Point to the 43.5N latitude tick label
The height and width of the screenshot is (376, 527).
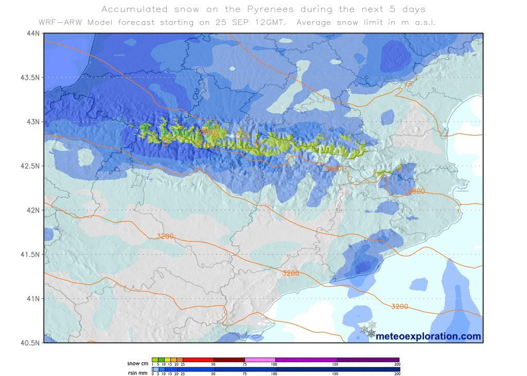30,77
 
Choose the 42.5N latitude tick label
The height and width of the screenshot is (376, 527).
30,166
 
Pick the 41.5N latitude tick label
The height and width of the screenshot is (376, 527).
30,254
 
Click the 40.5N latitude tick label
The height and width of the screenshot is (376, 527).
30,343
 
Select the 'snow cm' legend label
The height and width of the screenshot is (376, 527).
138,363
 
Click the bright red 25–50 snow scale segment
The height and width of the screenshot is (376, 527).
198,360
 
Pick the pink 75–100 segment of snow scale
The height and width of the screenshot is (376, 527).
260,360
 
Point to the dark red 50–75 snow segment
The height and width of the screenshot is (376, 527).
229,360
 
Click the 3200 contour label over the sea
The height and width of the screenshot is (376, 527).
399,306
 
